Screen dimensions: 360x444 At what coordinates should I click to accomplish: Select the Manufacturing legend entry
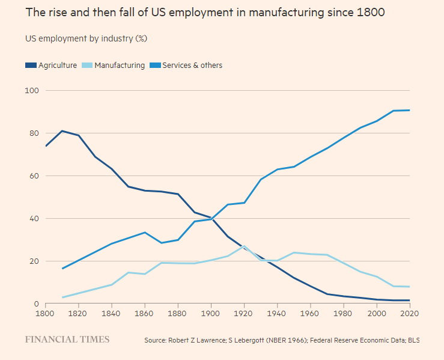(114, 66)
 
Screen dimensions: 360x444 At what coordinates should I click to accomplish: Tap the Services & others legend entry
(187, 66)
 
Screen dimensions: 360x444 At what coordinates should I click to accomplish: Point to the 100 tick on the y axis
(32, 91)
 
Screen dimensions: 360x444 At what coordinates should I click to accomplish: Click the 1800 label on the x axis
(45, 313)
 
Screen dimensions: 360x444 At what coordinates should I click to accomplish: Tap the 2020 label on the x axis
(409, 313)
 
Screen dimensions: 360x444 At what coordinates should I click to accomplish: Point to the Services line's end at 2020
(409, 110)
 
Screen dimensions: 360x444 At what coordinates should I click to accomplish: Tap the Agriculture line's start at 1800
(45, 146)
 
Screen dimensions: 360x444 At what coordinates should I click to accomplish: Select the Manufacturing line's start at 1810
(63, 297)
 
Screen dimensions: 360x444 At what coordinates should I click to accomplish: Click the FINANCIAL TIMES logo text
(67, 340)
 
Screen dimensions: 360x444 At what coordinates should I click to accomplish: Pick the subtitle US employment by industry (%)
(86, 38)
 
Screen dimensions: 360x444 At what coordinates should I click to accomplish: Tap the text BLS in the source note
(413, 341)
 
